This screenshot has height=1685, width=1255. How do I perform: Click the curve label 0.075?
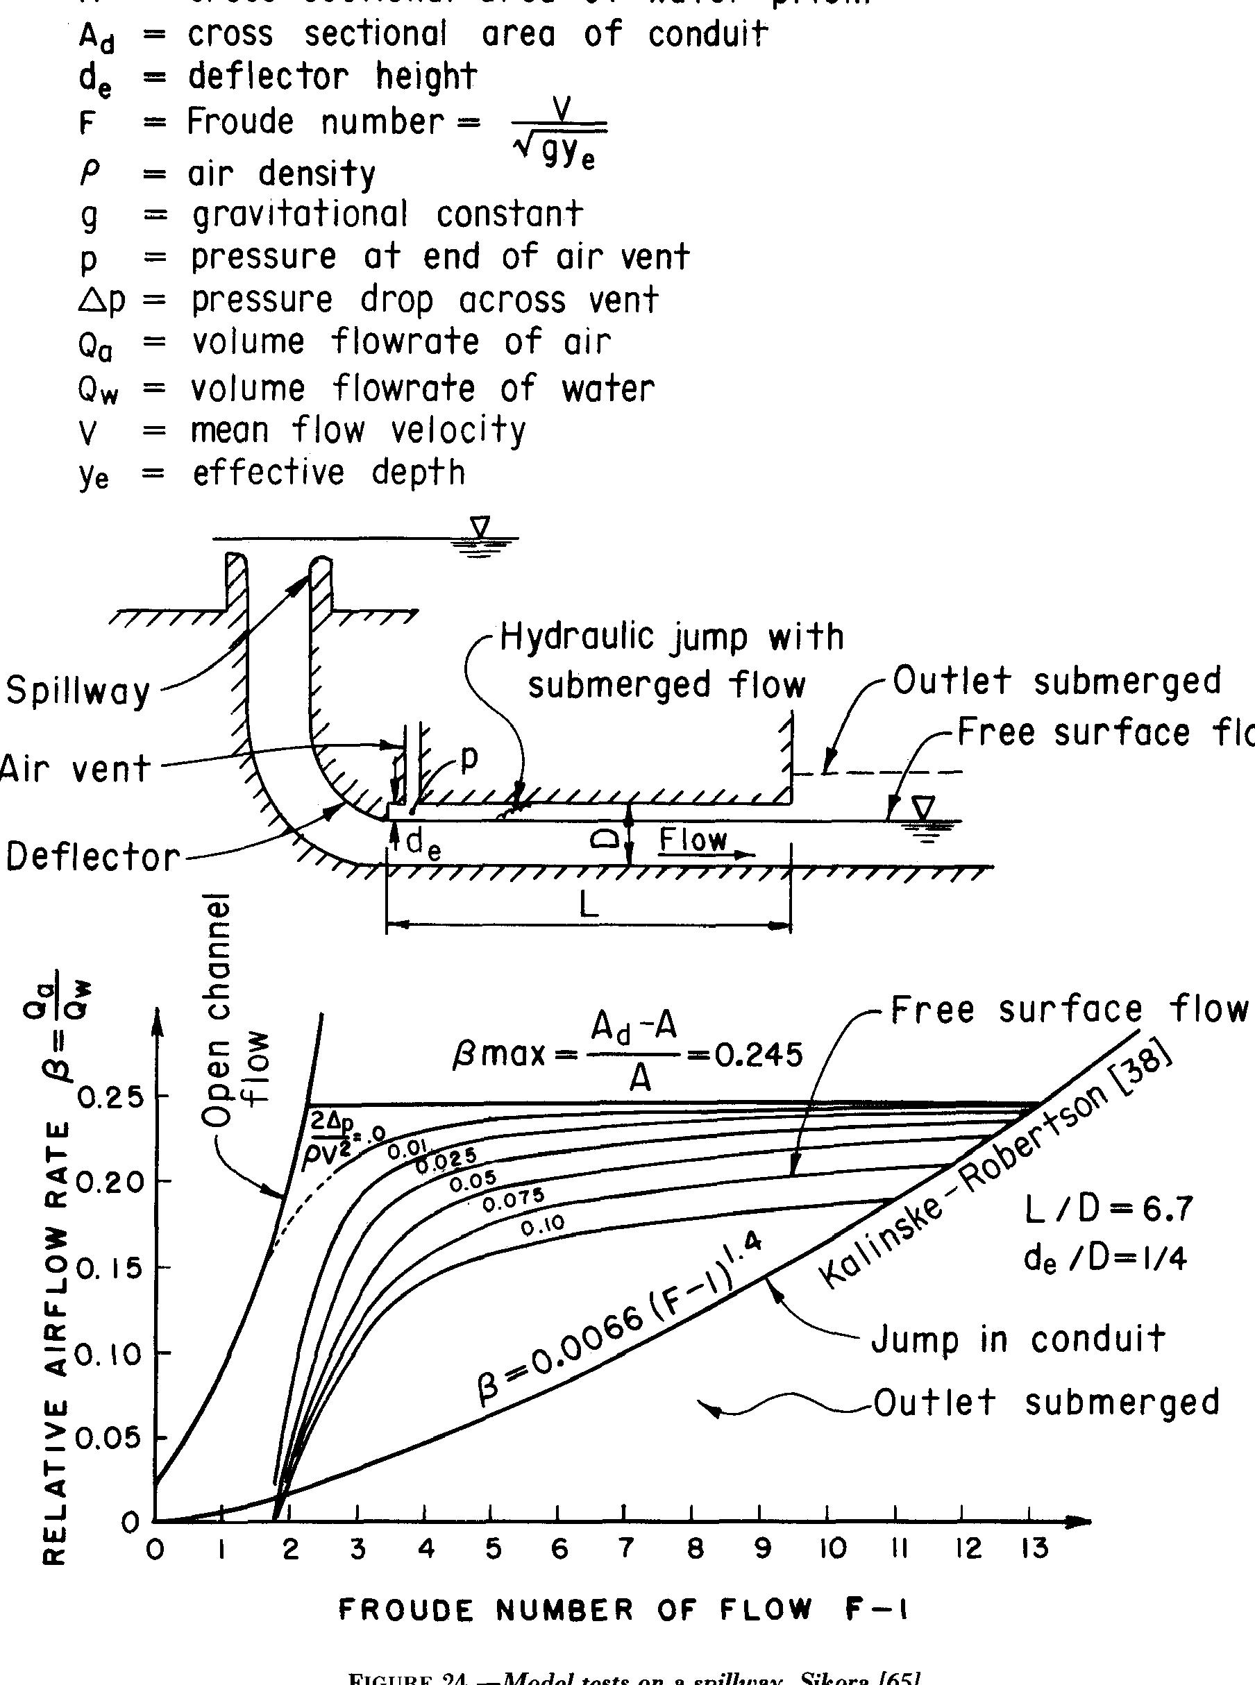(x=514, y=1201)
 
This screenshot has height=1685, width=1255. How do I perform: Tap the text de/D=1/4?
(x=1104, y=1260)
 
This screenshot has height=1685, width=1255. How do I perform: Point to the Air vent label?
(x=75, y=769)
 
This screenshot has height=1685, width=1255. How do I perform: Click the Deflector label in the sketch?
(x=93, y=857)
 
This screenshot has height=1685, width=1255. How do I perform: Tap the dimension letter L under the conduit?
(x=589, y=906)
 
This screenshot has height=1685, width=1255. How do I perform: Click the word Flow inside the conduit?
(x=692, y=839)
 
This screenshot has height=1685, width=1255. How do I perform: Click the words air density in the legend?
(x=281, y=174)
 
